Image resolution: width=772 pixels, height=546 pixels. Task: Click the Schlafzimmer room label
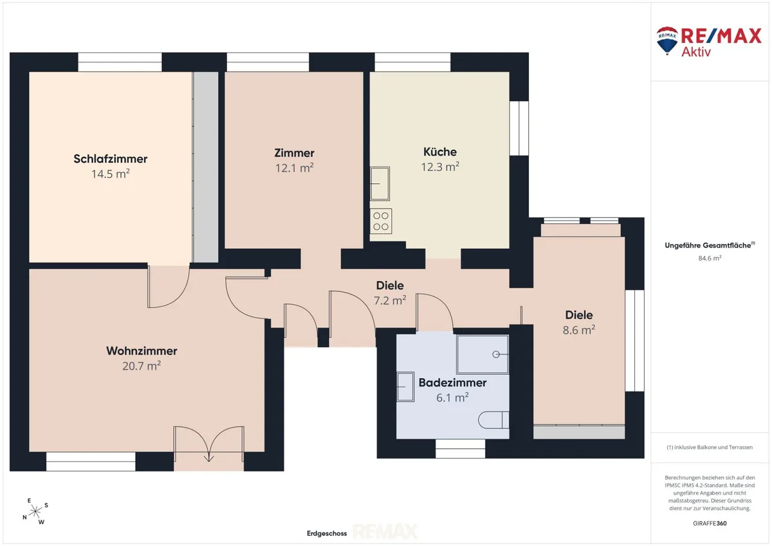110,159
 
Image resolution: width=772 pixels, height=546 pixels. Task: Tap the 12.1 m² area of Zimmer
294,168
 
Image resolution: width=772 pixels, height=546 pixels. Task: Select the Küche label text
440,152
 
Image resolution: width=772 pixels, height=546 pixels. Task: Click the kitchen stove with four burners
381,221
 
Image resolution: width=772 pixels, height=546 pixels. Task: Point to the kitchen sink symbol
380,183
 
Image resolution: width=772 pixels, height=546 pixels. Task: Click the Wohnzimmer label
142,350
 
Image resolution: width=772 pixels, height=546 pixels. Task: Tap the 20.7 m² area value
142,365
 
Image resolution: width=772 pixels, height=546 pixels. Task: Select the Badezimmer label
452,383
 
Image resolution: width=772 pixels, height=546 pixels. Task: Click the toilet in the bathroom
493,420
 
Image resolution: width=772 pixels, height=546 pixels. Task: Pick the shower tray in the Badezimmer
482,354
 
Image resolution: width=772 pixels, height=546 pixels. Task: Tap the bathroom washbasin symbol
405,387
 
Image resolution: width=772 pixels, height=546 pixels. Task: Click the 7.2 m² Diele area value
390,300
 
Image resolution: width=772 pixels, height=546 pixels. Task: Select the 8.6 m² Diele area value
579,330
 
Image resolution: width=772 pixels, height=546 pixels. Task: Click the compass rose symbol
35,511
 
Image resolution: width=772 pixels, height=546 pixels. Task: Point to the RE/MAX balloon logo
667,41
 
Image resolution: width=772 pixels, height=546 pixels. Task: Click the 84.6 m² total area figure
710,258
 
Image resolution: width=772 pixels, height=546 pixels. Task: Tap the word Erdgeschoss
327,533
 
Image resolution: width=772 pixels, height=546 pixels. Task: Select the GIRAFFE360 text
710,523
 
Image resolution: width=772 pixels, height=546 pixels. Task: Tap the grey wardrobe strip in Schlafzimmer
205,167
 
